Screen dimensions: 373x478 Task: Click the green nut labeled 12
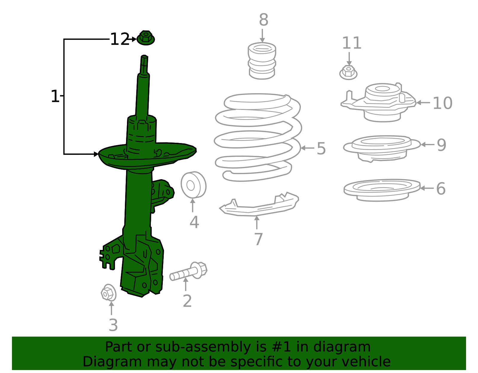pos(145,38)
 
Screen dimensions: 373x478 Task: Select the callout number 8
pos(263,20)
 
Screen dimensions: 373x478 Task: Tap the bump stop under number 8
pos(262,61)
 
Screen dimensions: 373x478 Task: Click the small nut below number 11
pos(348,72)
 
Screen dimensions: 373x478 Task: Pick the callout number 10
pos(442,103)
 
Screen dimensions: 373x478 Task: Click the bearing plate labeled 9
pos(381,148)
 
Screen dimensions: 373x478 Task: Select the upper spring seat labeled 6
pos(382,190)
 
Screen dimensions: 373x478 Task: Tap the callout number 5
pos(321,148)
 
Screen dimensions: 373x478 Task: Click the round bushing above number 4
pos(193,185)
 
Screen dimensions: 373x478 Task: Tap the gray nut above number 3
pos(108,293)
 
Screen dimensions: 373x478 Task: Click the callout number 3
pos(113,325)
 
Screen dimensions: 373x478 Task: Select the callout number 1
pos(55,96)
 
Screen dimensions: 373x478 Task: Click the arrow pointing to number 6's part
pos(427,188)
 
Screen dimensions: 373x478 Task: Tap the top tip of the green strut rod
pos(145,57)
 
